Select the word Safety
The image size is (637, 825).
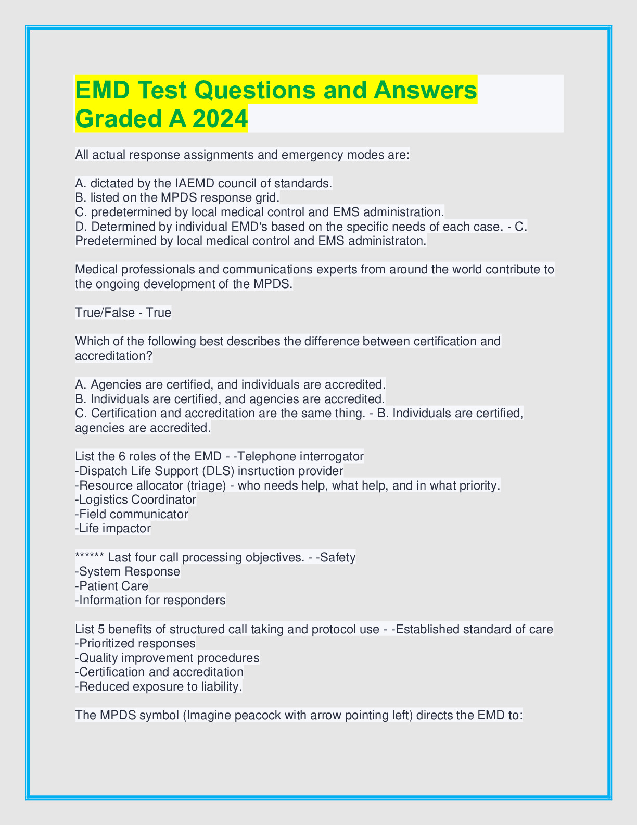pyautogui.click(x=338, y=557)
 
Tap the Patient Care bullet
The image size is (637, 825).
pyautogui.click(x=112, y=586)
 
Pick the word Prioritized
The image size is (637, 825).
pyautogui.click(x=111, y=643)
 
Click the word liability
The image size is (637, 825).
pyautogui.click(x=221, y=686)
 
